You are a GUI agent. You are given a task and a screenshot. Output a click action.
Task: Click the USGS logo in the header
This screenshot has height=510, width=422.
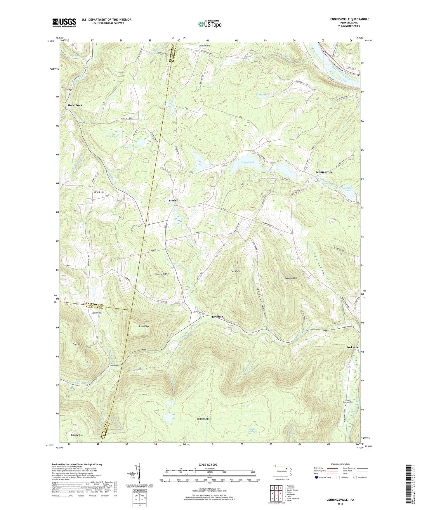[64, 22]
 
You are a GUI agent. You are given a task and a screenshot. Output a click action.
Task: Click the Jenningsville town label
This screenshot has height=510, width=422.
[324, 172]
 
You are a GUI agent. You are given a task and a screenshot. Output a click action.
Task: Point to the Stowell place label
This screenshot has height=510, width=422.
[173, 201]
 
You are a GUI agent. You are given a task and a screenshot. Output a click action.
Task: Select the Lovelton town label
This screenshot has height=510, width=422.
[217, 317]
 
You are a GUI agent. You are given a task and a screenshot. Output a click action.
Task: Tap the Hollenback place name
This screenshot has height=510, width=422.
[75, 105]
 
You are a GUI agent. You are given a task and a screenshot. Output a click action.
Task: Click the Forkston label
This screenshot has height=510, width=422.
[352, 347]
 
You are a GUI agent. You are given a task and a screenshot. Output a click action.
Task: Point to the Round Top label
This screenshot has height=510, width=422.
[143, 326]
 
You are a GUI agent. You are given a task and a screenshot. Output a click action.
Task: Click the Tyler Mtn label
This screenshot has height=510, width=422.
[77, 344]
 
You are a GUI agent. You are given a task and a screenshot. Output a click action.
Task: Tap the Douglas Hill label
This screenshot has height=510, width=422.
[291, 278]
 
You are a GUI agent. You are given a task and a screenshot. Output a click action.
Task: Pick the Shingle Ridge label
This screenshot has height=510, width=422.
[162, 274]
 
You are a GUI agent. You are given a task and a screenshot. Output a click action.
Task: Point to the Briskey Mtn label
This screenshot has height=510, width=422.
[77, 435]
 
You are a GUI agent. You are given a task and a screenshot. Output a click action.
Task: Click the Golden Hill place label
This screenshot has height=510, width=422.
[204, 46]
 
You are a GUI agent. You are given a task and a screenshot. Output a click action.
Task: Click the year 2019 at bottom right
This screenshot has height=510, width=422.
[340, 504]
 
